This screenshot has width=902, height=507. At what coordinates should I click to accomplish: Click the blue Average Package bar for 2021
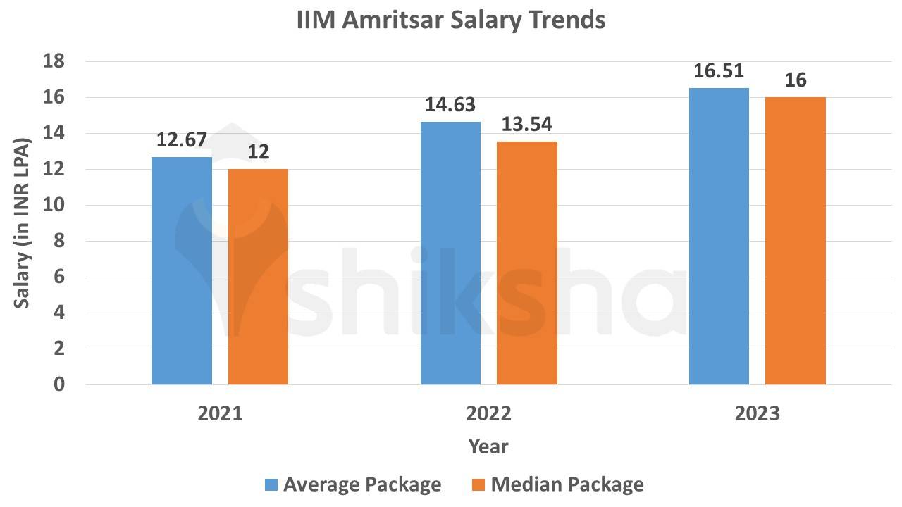(182, 271)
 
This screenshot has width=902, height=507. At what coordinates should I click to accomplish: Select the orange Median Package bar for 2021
(258, 277)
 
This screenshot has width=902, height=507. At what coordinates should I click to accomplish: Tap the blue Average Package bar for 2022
(450, 254)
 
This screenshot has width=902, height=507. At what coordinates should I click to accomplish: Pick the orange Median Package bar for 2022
(527, 263)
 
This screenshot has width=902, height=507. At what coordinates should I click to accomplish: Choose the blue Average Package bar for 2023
(719, 237)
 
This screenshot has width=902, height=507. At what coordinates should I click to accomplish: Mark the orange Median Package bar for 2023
(796, 241)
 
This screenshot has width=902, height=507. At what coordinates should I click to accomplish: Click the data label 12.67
(182, 139)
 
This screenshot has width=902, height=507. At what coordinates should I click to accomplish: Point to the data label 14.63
(450, 105)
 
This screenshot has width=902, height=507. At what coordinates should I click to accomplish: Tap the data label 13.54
(527, 125)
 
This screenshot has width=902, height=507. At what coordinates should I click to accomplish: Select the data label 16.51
(719, 71)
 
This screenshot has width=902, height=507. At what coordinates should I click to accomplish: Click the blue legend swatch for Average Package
(271, 484)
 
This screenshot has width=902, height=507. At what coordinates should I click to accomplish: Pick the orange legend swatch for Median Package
(478, 484)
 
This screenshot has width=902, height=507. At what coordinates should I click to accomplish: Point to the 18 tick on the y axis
(55, 62)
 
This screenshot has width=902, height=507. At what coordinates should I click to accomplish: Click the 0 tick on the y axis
(59, 384)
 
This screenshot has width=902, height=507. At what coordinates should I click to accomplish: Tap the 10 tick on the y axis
(55, 206)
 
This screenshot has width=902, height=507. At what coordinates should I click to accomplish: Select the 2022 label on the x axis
(489, 413)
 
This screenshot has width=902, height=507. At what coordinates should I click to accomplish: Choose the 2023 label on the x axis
(758, 413)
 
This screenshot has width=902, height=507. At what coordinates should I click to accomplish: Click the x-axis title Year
(488, 446)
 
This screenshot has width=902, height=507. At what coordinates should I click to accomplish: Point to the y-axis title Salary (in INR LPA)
(22, 223)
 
